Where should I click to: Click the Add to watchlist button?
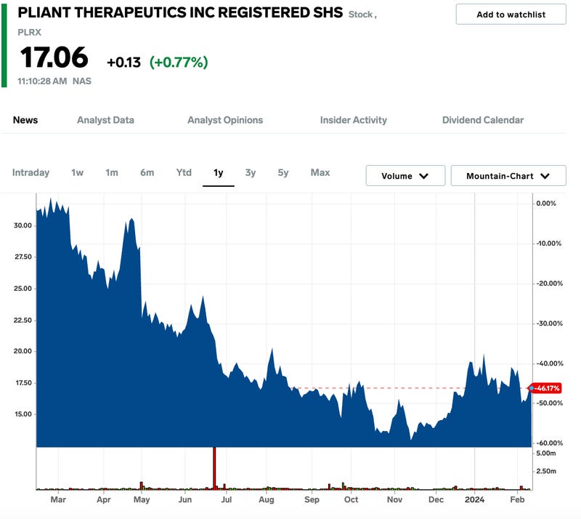[x=511, y=15]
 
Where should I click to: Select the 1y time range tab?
[x=218, y=172]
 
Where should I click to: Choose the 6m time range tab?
[x=147, y=172]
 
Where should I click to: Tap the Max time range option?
[x=320, y=172]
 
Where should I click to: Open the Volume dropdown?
[x=405, y=176]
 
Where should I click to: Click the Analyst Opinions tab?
[x=225, y=120]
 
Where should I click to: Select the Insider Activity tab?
[x=354, y=120]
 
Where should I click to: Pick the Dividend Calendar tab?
[x=483, y=120]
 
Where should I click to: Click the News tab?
[x=25, y=120]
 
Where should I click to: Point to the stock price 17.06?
[x=54, y=58]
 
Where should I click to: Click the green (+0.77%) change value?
[x=179, y=63]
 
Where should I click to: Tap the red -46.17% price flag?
[x=546, y=388]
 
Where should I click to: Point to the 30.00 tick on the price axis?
[x=23, y=225]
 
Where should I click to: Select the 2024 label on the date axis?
[x=474, y=500]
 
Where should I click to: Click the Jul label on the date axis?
[x=227, y=500]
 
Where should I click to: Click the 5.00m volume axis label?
[x=546, y=453]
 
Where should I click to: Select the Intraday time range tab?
[x=31, y=172]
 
